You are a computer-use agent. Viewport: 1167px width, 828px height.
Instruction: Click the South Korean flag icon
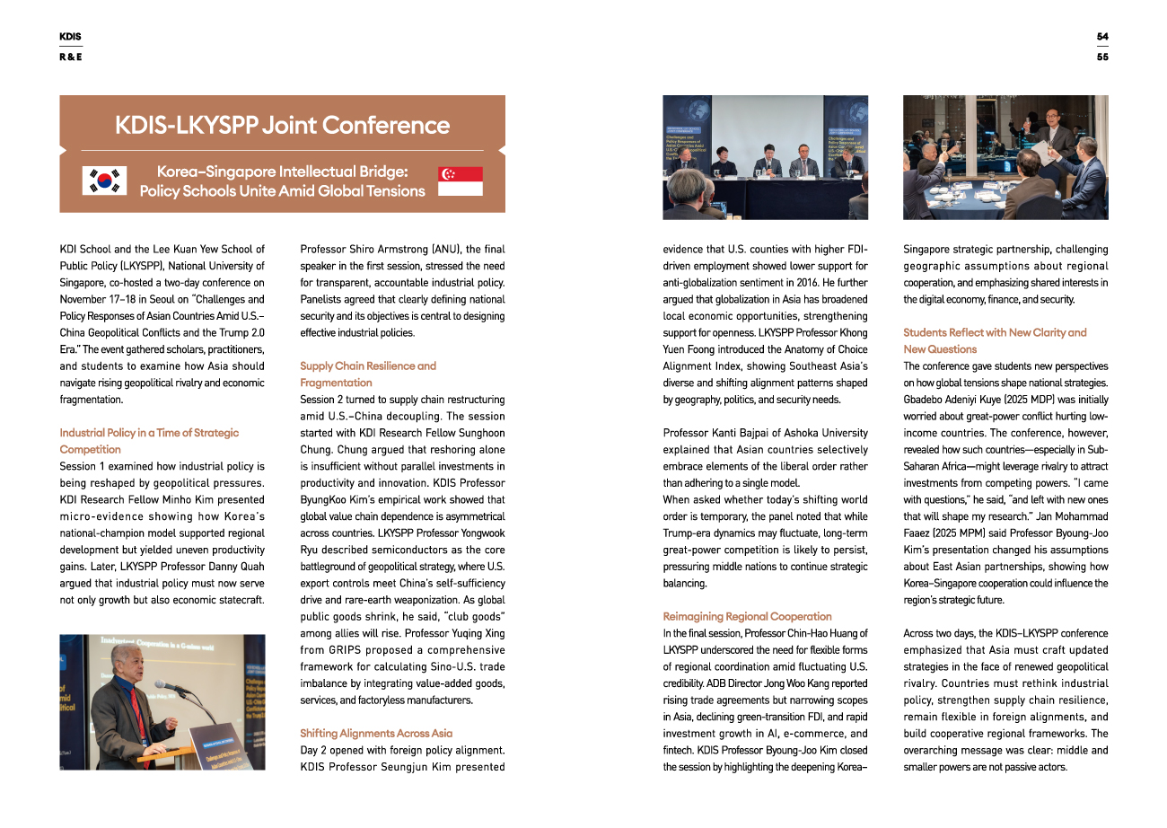coord(104,180)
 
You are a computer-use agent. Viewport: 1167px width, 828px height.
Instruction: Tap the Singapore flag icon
coord(461,181)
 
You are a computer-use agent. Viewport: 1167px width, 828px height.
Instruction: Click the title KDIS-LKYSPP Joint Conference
coord(282,125)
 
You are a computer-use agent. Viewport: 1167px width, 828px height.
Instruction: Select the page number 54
coord(1102,37)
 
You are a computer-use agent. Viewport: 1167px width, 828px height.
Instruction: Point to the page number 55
coord(1102,57)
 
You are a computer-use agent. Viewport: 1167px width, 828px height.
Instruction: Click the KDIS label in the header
coord(70,37)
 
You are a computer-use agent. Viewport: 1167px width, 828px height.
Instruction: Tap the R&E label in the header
coord(71,57)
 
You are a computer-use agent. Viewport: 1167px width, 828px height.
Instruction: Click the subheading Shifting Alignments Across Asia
coord(376,733)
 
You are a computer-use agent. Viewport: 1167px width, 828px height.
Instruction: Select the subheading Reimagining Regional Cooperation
coord(747,616)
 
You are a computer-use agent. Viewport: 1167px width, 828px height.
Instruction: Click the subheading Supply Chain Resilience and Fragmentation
coord(368,374)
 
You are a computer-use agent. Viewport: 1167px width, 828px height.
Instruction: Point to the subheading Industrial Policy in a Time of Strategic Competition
coord(149,440)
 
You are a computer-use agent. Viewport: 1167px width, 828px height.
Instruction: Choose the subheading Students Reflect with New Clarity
coord(995,340)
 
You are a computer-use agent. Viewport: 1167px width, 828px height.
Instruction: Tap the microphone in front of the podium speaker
coord(167,685)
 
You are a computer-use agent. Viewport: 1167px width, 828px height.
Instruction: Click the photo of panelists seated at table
coord(765,157)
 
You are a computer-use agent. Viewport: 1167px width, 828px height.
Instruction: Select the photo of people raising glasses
coord(1005,157)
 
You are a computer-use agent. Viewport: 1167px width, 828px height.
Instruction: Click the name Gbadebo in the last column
coord(927,399)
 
